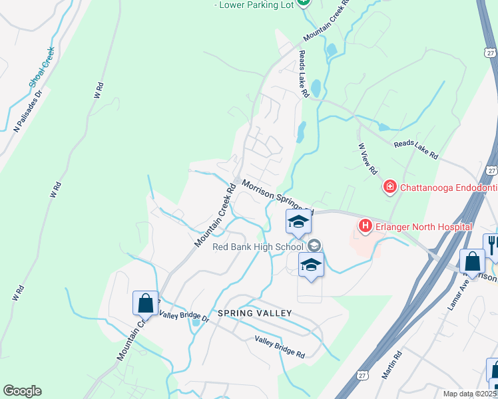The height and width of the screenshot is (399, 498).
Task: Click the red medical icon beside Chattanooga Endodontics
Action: click(389, 188)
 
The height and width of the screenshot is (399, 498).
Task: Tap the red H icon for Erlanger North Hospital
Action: click(365, 227)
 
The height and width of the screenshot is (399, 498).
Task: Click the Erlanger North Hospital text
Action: click(423, 227)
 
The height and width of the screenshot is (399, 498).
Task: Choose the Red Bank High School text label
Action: click(258, 247)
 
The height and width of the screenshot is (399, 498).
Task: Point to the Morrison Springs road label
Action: click(277, 195)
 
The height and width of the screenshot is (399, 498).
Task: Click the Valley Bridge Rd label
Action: click(280, 347)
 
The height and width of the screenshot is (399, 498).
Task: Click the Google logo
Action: click(22, 391)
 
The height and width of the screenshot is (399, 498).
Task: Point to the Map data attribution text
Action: click(469, 394)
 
